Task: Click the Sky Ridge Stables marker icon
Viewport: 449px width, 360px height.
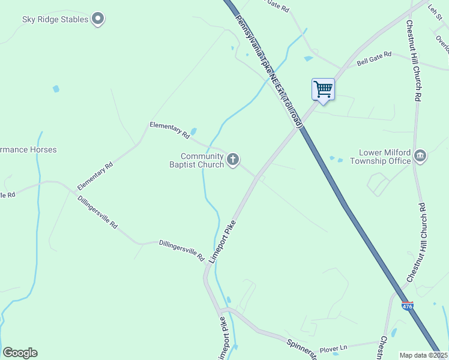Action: coord(98,19)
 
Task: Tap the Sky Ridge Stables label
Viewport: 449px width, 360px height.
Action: coord(55,19)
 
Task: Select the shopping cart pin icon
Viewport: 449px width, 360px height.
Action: coord(323,90)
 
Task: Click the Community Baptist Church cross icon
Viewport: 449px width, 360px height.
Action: coord(233,160)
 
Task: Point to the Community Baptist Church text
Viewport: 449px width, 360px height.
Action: coord(196,160)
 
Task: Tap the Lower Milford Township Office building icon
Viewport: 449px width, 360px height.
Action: coord(420,157)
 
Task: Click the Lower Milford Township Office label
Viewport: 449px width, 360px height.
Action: coord(385,157)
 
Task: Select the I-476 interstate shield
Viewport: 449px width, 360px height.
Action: coord(407,305)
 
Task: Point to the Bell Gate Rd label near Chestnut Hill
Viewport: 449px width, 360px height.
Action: coord(374,58)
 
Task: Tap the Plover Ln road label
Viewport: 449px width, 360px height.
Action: coord(334,348)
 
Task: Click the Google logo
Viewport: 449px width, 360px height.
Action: coord(20,353)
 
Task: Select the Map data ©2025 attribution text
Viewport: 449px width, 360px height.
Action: coord(423,355)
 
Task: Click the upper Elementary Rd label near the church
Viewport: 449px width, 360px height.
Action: coord(169,130)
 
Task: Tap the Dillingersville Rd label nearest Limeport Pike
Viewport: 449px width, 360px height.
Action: coord(182,247)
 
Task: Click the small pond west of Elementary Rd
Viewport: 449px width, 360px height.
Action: coord(56,89)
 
